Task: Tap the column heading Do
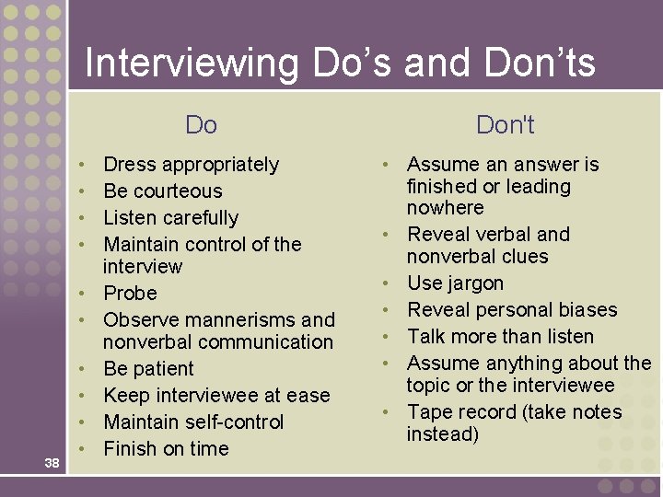pyautogui.click(x=201, y=124)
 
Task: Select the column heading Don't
pyautogui.click(x=505, y=124)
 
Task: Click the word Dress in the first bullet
pyautogui.click(x=130, y=165)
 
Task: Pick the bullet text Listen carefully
pyautogui.click(x=170, y=218)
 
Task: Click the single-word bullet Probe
pyautogui.click(x=130, y=294)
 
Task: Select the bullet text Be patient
pyautogui.click(x=148, y=369)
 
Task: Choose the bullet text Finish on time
pyautogui.click(x=166, y=449)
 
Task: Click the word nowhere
pyautogui.click(x=445, y=208)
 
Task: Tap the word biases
pyautogui.click(x=584, y=310)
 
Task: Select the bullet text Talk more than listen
pyautogui.click(x=500, y=337)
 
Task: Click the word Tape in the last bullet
pyautogui.click(x=429, y=412)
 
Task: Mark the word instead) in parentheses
pyautogui.click(x=443, y=434)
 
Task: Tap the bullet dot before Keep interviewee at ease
pyautogui.click(x=84, y=396)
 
